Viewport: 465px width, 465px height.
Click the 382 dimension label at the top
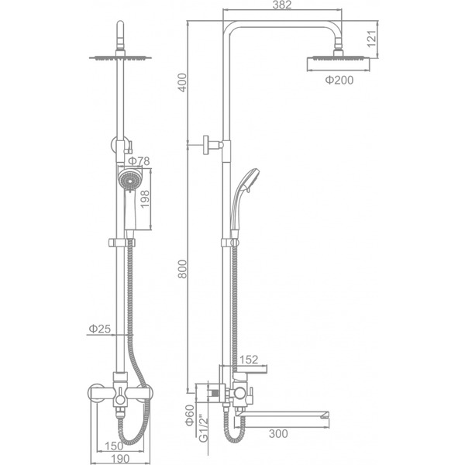click(x=282, y=5)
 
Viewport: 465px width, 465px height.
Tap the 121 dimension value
click(x=371, y=39)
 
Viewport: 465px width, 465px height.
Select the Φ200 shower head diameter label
click(x=339, y=80)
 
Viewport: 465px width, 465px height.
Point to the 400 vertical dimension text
click(x=182, y=82)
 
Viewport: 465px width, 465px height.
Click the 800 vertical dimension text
click(x=182, y=269)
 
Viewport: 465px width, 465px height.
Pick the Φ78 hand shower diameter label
click(x=139, y=161)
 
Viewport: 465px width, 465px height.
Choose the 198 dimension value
click(x=145, y=199)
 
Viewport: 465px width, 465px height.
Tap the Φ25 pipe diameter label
click(x=100, y=329)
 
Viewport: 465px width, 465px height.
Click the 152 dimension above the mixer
click(x=249, y=360)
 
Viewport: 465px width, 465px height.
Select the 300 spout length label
click(x=278, y=433)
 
